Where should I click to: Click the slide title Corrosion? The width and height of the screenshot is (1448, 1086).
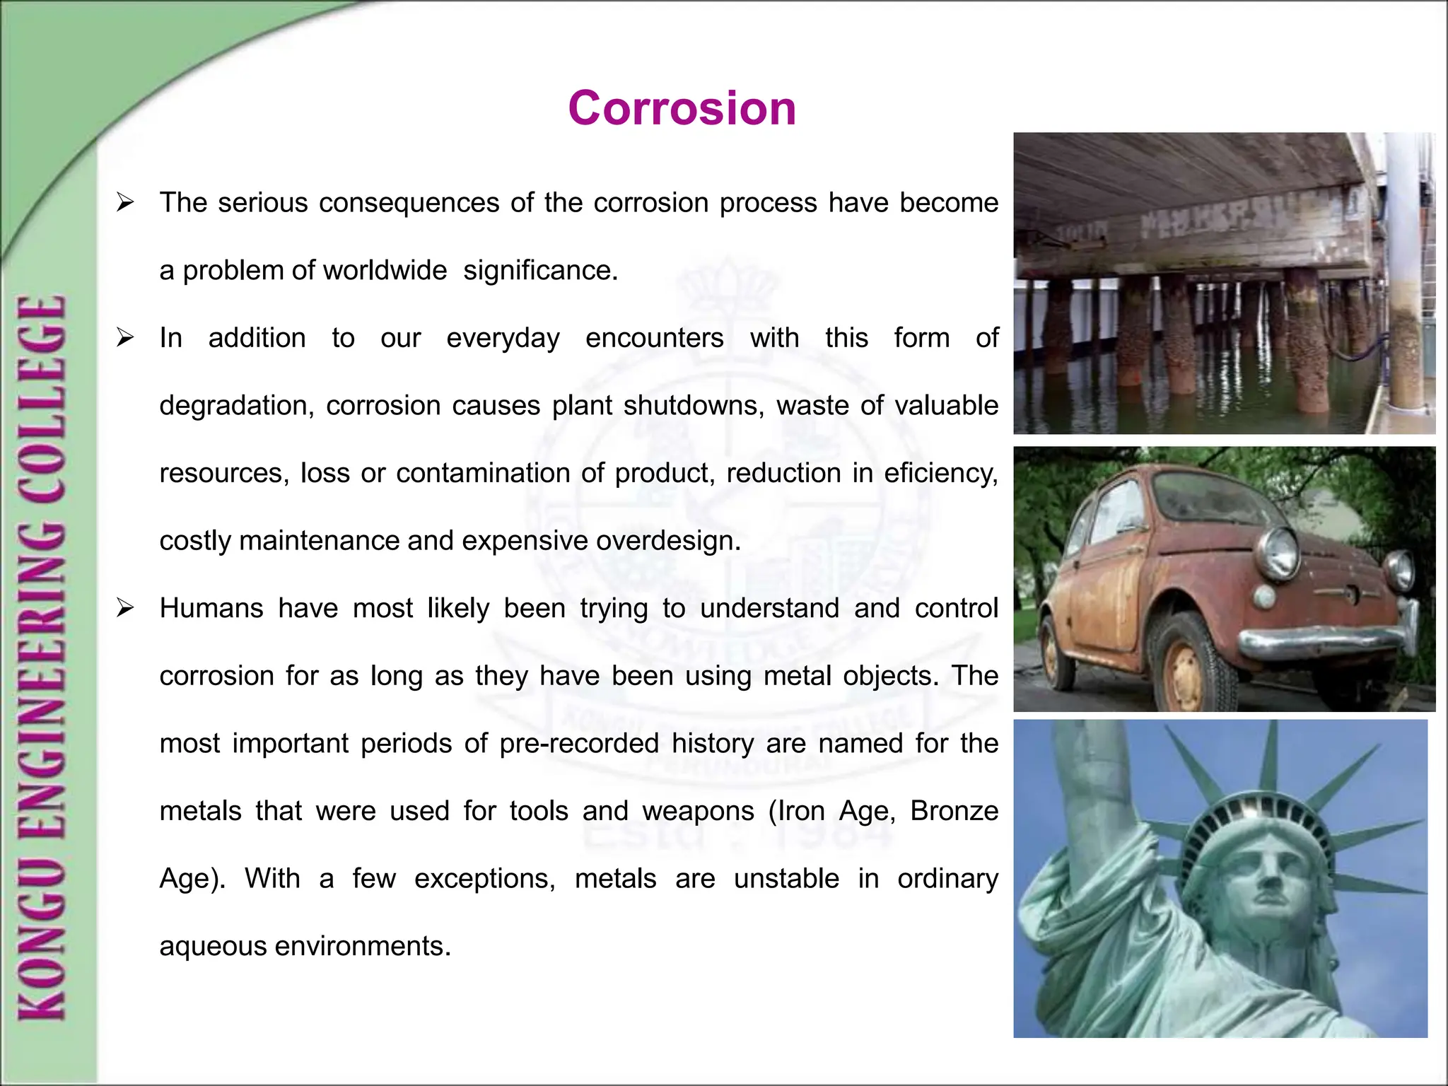(682, 109)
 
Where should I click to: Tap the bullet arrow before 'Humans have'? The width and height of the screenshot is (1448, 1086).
(126, 608)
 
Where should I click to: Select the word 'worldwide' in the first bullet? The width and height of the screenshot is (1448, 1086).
(385, 271)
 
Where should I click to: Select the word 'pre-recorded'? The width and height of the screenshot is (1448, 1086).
(578, 744)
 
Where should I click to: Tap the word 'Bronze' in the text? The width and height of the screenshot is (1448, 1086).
(954, 811)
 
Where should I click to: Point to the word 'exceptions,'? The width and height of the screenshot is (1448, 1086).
(484, 879)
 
